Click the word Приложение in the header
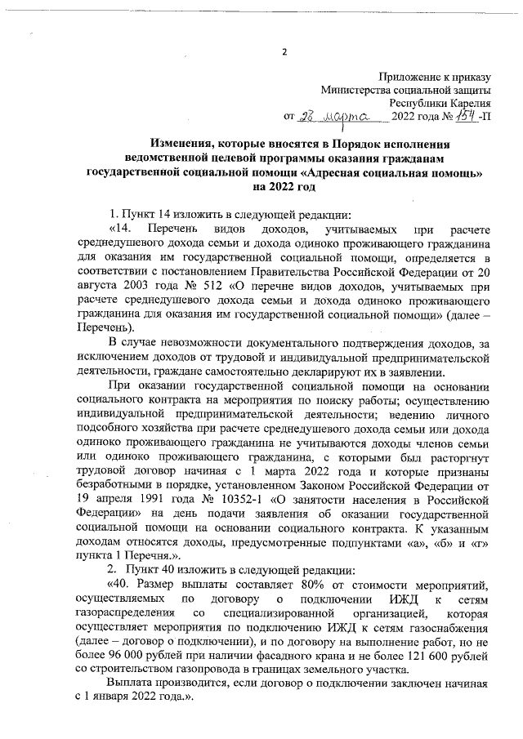405,75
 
